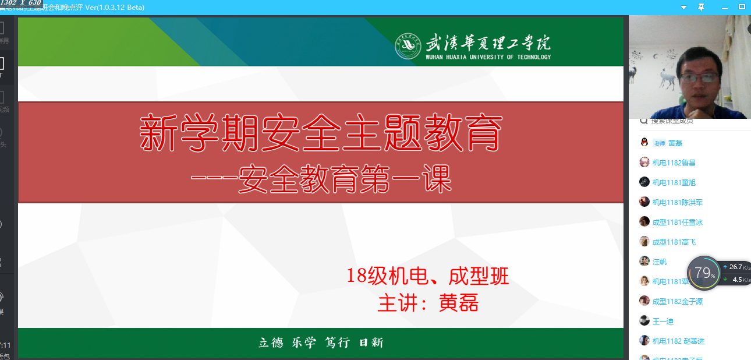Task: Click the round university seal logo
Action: click(x=408, y=46)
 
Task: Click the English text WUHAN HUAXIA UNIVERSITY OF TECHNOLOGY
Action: click(x=488, y=57)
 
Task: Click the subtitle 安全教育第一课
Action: click(x=321, y=180)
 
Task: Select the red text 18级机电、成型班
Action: click(x=427, y=275)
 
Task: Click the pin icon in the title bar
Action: click(x=701, y=7)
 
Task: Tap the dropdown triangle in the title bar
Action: click(x=684, y=8)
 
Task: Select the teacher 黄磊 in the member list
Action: click(x=675, y=143)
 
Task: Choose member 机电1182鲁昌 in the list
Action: click(x=674, y=163)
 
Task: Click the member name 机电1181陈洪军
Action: click(x=677, y=203)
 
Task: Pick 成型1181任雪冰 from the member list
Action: click(x=677, y=223)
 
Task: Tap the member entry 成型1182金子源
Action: click(x=677, y=302)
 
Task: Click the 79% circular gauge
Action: click(x=704, y=273)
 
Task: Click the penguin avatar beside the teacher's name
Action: click(x=644, y=143)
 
